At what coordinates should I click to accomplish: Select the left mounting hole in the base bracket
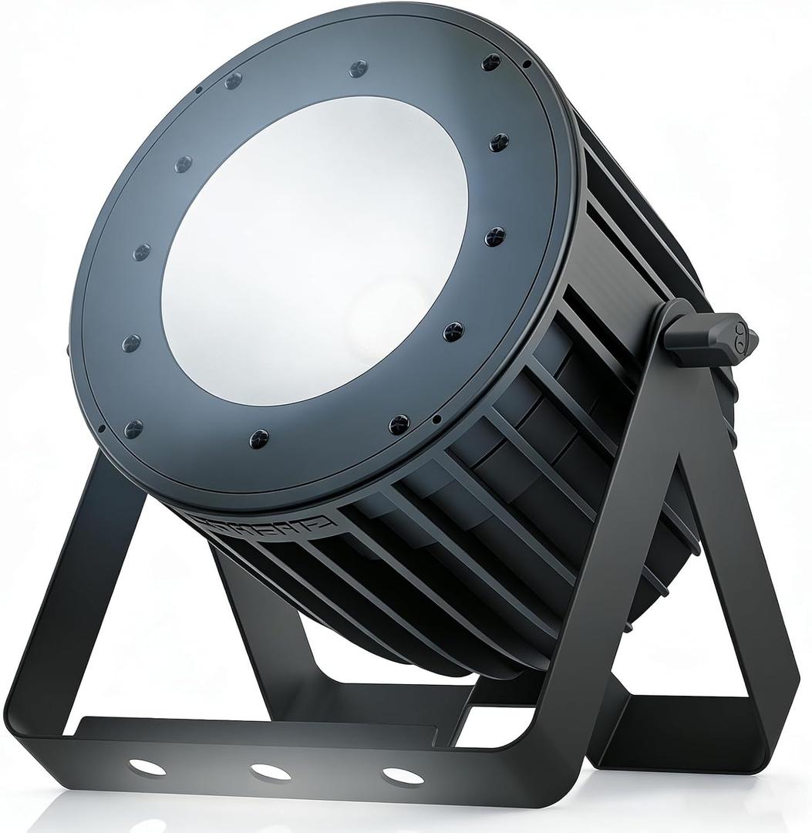click(147, 767)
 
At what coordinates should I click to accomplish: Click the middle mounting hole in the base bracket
click(271, 771)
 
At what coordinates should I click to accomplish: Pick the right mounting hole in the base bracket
click(403, 775)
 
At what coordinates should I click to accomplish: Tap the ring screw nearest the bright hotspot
click(453, 332)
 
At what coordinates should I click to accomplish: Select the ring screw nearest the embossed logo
click(259, 439)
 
